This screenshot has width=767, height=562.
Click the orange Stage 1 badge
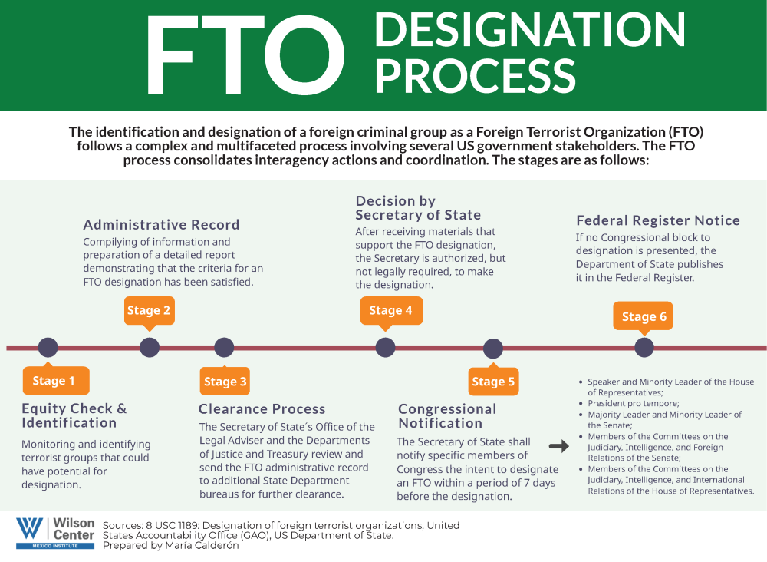(x=55, y=381)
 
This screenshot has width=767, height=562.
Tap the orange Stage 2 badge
(x=149, y=310)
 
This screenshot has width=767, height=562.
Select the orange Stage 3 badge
(x=225, y=382)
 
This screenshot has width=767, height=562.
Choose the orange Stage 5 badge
(x=493, y=382)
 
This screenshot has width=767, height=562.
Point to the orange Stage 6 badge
(x=644, y=316)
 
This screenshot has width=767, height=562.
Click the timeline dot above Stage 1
(x=48, y=348)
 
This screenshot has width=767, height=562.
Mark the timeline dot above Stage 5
(x=493, y=349)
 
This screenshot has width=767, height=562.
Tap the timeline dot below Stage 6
(x=644, y=348)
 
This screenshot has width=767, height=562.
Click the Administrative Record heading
(x=161, y=225)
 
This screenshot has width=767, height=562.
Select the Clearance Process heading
(x=262, y=409)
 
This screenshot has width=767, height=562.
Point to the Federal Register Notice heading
(x=658, y=220)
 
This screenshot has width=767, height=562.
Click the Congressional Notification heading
(x=447, y=416)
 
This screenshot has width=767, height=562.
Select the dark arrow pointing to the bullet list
(x=560, y=445)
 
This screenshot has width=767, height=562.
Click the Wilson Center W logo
(x=31, y=528)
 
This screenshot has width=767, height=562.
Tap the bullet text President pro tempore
(x=634, y=403)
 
